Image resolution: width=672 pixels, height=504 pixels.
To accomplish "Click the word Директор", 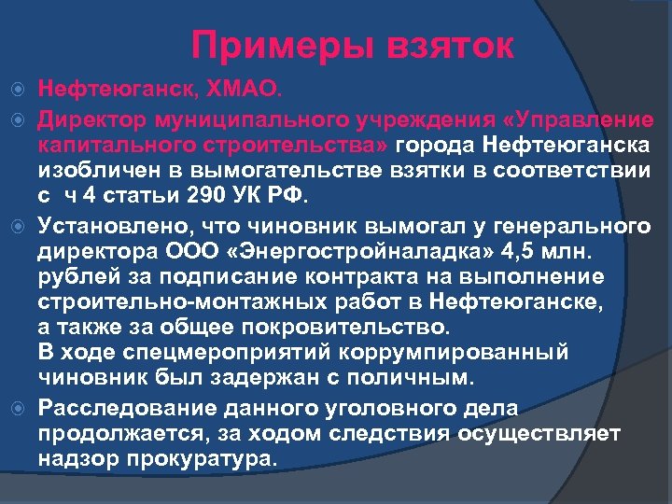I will point(92,120).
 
